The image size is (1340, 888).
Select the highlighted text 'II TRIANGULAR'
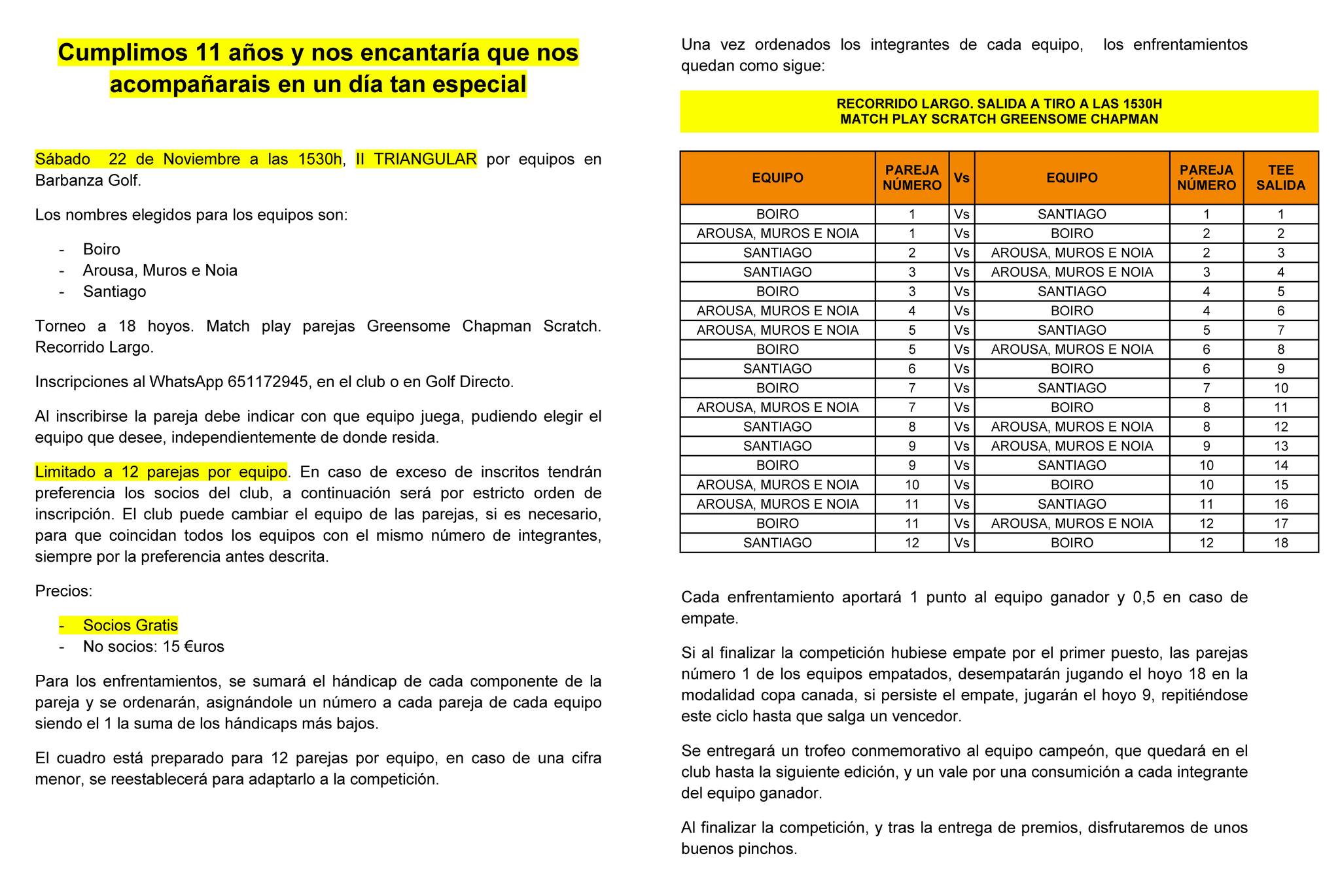click(416, 160)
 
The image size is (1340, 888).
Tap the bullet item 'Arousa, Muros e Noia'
click(160, 271)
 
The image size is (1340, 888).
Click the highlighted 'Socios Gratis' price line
click(130, 626)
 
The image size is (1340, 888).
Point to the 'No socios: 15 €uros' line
click(153, 647)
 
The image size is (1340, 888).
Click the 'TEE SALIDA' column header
click(1280, 178)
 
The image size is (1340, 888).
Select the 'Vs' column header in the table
click(961, 178)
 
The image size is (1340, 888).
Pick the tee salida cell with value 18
click(1280, 543)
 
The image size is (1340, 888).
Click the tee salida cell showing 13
click(1280, 446)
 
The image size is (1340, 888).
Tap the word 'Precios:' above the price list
click(64, 592)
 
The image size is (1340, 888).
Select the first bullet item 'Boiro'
click(101, 250)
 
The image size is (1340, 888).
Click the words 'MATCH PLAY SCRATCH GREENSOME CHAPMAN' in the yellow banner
click(999, 120)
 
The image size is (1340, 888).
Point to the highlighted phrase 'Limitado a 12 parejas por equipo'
click(161, 472)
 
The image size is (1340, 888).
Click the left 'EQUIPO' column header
click(777, 178)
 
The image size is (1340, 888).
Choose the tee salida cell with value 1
click(1280, 214)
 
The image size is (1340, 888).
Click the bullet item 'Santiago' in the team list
click(114, 292)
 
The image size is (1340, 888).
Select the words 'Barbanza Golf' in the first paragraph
click(87, 181)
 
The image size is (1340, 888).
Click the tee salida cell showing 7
click(1280, 330)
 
